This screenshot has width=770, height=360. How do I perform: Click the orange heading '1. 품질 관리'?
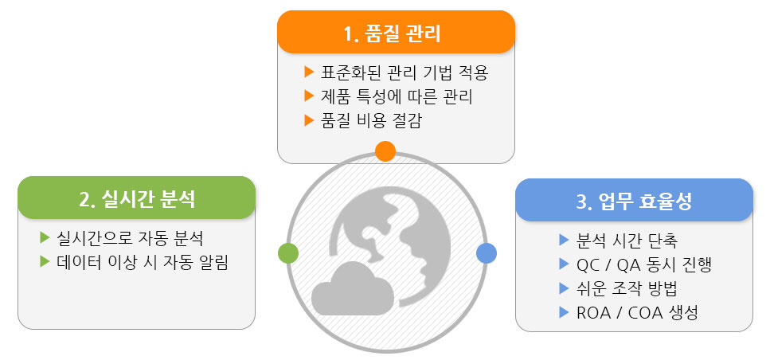click(392, 34)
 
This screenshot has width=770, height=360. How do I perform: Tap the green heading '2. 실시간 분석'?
click(137, 199)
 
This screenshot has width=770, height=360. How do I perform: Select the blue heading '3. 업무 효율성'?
click(634, 202)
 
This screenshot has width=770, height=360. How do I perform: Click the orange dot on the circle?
click(385, 151)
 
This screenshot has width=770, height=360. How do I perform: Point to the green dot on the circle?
click(288, 253)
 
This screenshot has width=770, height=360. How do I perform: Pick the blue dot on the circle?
click(487, 253)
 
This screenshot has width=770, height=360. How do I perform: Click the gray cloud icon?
click(353, 289)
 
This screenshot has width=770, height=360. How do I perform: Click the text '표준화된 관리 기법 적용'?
click(405, 72)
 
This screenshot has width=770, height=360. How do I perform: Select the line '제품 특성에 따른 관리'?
click(397, 96)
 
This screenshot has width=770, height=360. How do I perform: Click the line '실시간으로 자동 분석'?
click(130, 239)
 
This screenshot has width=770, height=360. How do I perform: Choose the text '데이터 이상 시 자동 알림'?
click(143, 263)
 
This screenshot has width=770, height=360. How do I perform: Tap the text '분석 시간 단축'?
click(627, 241)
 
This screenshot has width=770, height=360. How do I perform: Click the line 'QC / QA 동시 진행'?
click(644, 264)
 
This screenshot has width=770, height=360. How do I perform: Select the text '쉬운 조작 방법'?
click(627, 289)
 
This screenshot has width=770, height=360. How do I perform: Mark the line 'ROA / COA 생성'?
click(637, 313)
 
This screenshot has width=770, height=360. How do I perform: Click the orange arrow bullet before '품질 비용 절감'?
click(309, 120)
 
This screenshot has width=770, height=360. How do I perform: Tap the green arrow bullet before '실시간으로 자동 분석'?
click(45, 238)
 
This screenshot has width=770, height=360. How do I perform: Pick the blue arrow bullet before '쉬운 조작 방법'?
click(564, 288)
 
